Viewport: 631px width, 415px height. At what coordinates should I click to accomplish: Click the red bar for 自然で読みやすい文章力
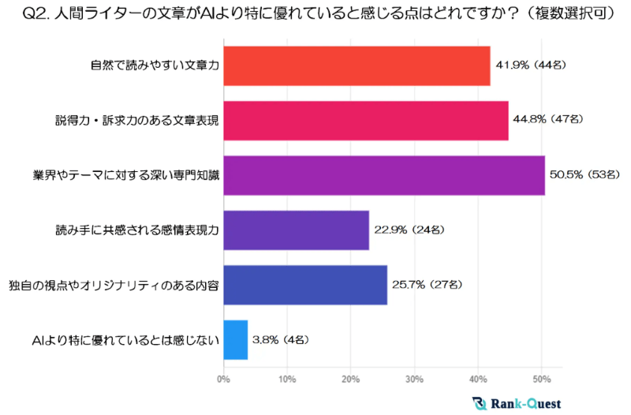[x=357, y=65]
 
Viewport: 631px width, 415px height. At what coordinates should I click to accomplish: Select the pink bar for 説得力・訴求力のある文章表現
[x=366, y=120]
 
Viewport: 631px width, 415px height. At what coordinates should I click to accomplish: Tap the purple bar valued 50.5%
[x=384, y=174]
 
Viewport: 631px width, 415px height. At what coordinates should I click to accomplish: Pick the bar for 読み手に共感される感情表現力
[x=297, y=230]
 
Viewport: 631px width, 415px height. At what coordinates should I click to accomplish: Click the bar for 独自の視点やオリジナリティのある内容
[x=305, y=284]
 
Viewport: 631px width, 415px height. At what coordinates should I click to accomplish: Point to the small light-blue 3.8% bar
[x=236, y=339]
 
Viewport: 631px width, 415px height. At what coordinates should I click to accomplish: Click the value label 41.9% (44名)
[x=531, y=65]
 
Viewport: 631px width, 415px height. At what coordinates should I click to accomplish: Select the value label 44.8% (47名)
[x=548, y=120]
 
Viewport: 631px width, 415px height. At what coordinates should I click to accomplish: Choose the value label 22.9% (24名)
[x=409, y=230]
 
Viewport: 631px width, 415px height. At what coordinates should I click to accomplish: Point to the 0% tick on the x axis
[x=224, y=379]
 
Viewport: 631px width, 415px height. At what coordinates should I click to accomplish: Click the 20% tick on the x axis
[x=351, y=379]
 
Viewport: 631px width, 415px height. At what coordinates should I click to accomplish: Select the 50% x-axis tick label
[x=541, y=379]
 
